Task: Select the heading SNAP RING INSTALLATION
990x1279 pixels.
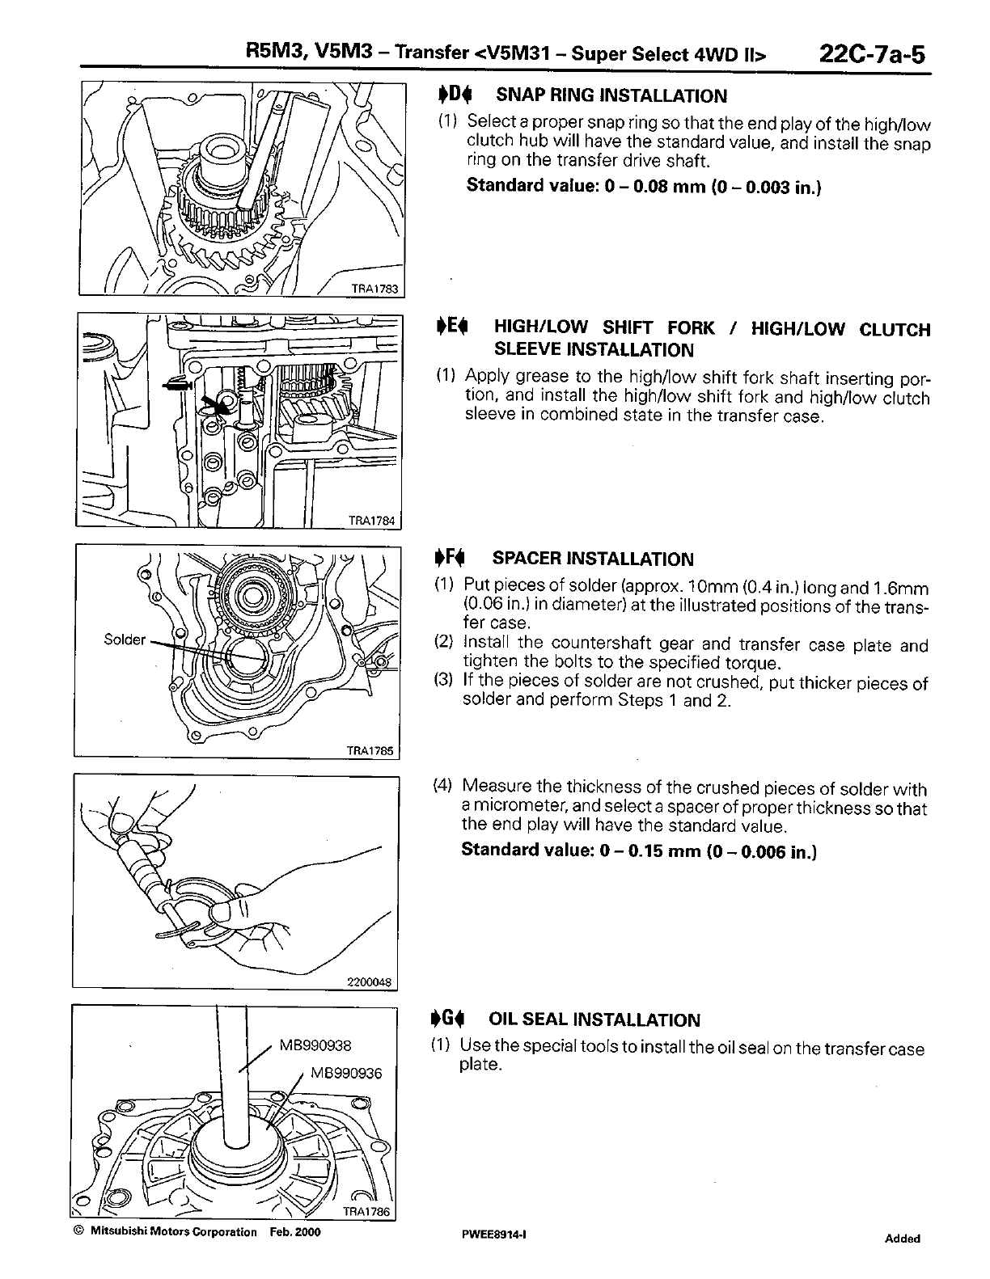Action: tap(611, 96)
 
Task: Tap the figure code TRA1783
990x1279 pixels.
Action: tap(375, 291)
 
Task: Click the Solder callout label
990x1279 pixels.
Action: tap(125, 639)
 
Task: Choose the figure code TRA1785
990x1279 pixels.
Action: tap(370, 750)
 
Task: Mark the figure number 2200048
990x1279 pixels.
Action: tap(369, 982)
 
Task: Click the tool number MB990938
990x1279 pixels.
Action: tap(315, 1045)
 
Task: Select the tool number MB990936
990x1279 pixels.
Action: tap(345, 1074)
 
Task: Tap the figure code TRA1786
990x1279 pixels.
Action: tap(366, 1211)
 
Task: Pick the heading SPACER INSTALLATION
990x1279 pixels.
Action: tap(593, 559)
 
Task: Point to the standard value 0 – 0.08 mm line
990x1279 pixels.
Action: tap(644, 186)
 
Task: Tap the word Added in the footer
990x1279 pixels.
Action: tap(902, 1239)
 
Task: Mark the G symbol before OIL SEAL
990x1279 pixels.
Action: tap(447, 1020)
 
